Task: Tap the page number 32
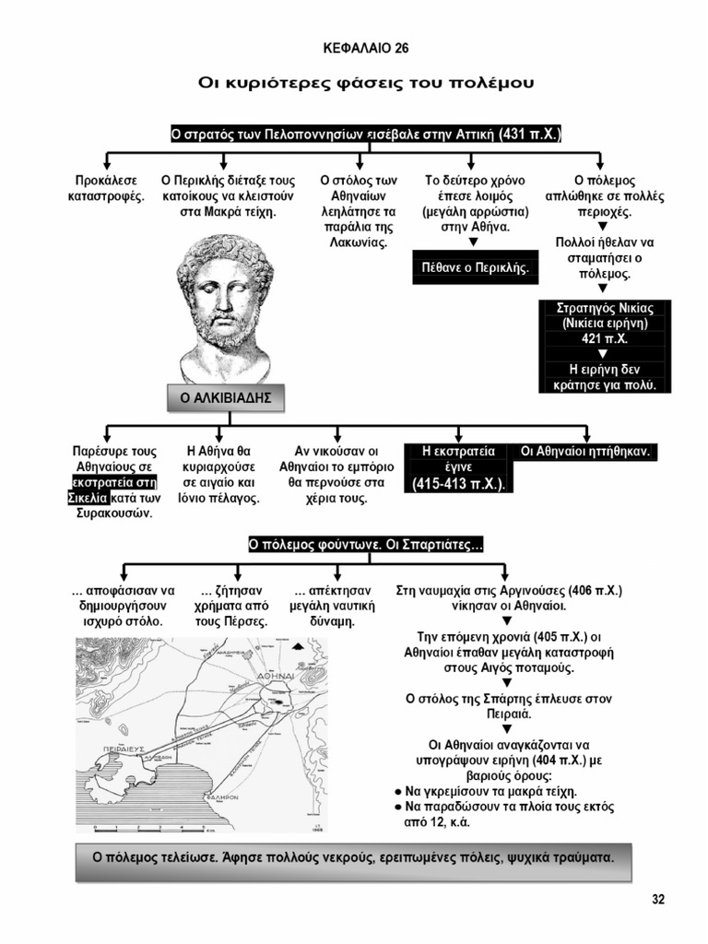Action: tap(658, 900)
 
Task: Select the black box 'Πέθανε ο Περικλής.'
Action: tap(475, 267)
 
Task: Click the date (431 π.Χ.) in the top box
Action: tap(529, 135)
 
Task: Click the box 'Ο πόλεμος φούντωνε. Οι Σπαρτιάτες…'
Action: tap(366, 545)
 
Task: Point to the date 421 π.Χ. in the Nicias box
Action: tap(605, 338)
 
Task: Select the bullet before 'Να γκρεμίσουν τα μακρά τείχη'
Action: tap(396, 791)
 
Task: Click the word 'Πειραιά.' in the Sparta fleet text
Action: tap(508, 714)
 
